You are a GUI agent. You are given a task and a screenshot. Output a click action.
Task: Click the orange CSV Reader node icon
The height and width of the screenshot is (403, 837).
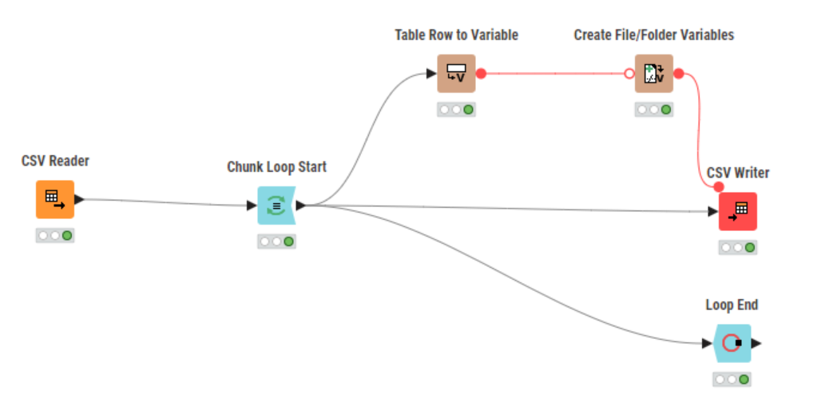(55, 199)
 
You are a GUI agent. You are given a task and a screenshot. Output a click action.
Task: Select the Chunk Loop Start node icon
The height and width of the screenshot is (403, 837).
(276, 205)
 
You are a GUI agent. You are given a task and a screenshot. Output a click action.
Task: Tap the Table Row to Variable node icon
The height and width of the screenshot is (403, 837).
(456, 74)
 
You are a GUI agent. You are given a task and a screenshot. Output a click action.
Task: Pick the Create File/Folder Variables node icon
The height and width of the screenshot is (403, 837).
(654, 74)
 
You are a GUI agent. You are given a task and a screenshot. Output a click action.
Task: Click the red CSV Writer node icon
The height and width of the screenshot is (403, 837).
(738, 211)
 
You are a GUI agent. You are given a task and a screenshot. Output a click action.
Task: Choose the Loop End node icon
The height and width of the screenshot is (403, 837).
(732, 343)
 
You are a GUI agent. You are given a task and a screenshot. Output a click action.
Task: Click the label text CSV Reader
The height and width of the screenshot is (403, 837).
(55, 162)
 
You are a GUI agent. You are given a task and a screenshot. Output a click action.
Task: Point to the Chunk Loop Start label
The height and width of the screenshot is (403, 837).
(276, 167)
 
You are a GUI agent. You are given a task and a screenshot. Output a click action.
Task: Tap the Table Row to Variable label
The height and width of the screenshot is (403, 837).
(456, 35)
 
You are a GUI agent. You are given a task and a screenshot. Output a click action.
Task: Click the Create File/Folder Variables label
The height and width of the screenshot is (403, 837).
(654, 35)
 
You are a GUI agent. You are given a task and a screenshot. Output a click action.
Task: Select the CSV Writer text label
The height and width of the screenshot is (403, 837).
(738, 174)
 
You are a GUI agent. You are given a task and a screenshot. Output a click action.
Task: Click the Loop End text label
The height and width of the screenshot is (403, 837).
(732, 305)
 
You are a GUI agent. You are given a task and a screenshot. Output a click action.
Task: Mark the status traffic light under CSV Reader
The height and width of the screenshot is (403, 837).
(55, 236)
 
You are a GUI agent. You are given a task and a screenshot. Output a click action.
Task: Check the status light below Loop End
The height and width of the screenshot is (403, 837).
(732, 380)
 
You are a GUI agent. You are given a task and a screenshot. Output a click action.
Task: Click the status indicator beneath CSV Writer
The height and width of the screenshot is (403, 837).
(738, 248)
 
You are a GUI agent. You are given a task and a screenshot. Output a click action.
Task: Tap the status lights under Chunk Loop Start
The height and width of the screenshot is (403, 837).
(276, 241)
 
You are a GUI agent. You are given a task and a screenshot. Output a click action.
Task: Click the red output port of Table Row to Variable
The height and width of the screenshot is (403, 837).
(481, 74)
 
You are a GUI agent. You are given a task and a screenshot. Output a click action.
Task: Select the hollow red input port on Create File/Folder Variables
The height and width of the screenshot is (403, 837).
(629, 74)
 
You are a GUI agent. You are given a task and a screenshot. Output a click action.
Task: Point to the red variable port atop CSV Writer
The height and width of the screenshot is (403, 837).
(718, 187)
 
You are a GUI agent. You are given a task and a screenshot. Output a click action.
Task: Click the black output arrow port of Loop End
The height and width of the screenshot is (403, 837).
(756, 343)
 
